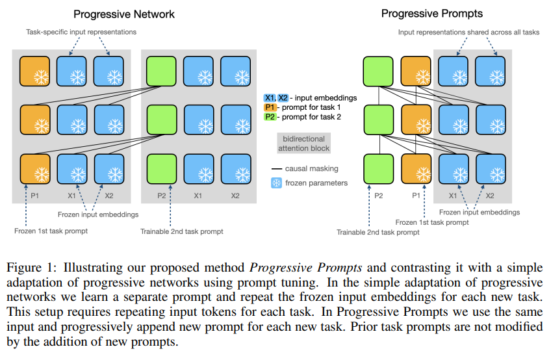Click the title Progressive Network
pyautogui.click(x=123, y=14)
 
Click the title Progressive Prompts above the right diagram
pyautogui.click(x=431, y=13)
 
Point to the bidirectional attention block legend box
pyautogui.click(x=304, y=144)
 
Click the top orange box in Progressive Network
pyautogui.click(x=35, y=71)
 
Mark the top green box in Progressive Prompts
pyautogui.click(x=378, y=71)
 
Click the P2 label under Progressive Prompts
pyautogui.click(x=378, y=195)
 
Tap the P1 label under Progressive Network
pyautogui.click(x=35, y=195)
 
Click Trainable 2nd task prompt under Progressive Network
pyautogui.click(x=181, y=231)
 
